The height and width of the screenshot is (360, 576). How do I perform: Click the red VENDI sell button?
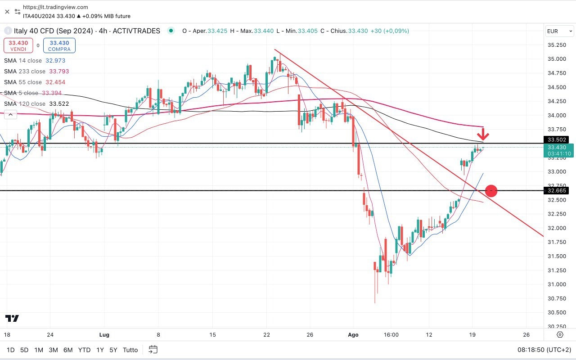pyautogui.click(x=18, y=45)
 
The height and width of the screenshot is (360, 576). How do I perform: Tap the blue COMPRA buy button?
pyautogui.click(x=59, y=45)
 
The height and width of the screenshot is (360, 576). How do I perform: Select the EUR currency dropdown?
pyautogui.click(x=559, y=31)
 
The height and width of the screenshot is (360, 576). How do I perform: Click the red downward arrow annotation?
pyautogui.click(x=483, y=134)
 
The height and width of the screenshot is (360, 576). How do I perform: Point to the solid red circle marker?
pyautogui.click(x=491, y=191)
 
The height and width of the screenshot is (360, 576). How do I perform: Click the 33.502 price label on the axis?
pyautogui.click(x=557, y=139)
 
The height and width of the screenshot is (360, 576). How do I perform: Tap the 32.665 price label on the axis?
pyautogui.click(x=557, y=191)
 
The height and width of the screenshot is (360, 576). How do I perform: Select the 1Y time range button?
pyautogui.click(x=100, y=350)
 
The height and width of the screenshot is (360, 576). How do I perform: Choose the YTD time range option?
pyautogui.click(x=84, y=350)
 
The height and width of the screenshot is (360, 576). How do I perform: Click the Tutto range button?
pyautogui.click(x=130, y=350)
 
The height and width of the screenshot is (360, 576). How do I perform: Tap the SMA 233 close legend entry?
pyautogui.click(x=36, y=72)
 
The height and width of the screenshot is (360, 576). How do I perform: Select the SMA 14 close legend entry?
pyautogui.click(x=34, y=61)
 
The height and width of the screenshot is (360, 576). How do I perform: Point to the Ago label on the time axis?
pyautogui.click(x=353, y=335)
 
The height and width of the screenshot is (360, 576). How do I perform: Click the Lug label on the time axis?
pyautogui.click(x=104, y=335)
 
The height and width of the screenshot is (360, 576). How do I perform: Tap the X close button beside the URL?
pyautogui.click(x=7, y=12)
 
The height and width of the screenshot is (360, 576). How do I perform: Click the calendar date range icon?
pyautogui.click(x=153, y=350)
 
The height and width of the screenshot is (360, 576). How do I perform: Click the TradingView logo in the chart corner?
pyautogui.click(x=12, y=319)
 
